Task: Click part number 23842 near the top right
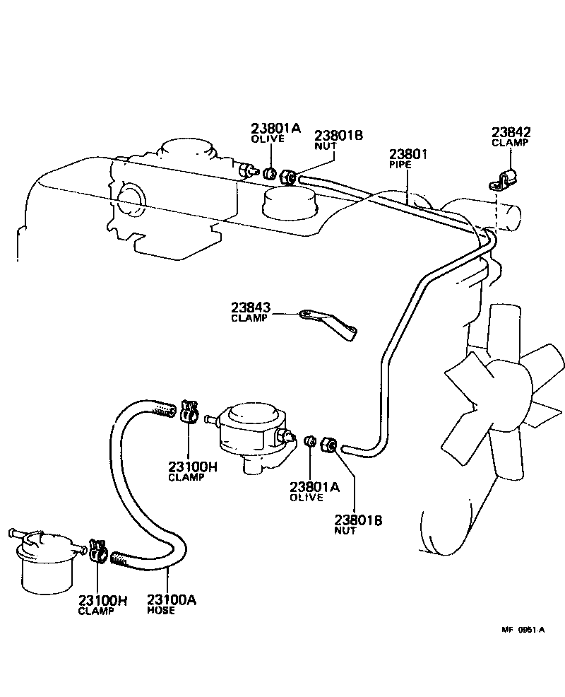point(511,131)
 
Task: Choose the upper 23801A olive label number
point(275,128)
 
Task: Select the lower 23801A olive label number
point(315,487)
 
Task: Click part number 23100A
point(172,600)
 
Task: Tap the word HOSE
point(161,610)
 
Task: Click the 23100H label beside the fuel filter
point(103,601)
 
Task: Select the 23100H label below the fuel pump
point(193,467)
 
